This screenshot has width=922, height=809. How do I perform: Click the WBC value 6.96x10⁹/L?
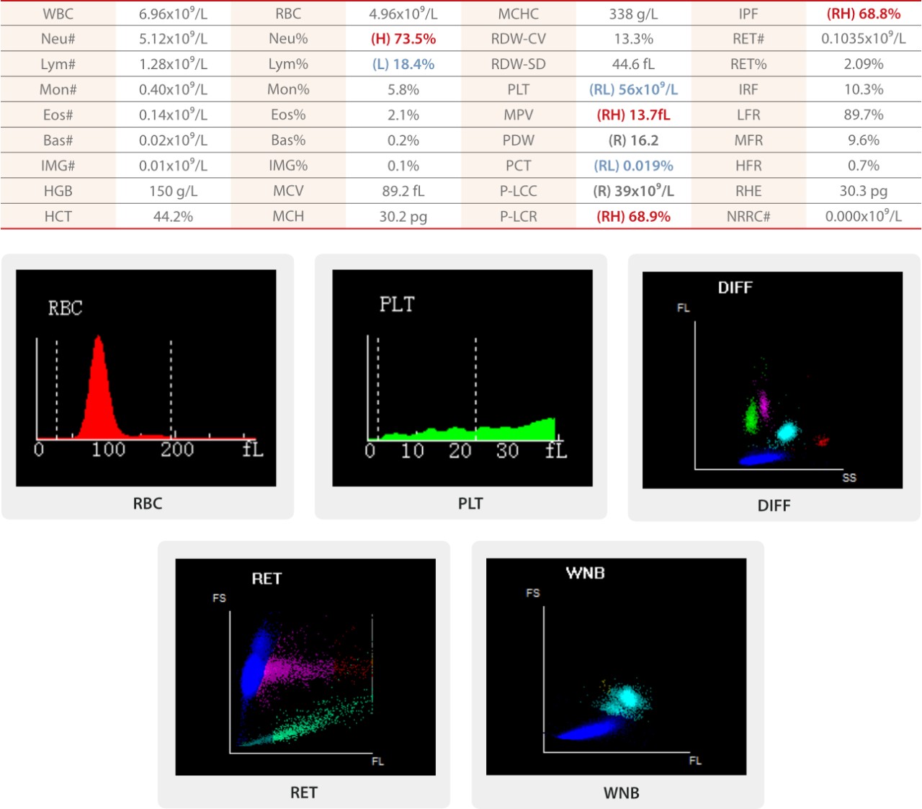click(x=173, y=14)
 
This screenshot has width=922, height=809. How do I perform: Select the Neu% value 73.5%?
click(x=403, y=39)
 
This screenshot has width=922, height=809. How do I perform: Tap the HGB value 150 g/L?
click(x=173, y=191)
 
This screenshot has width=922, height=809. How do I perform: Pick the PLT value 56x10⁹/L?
click(x=633, y=89)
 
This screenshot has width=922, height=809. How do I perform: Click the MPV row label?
click(x=518, y=115)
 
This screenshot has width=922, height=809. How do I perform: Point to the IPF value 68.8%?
click(x=863, y=14)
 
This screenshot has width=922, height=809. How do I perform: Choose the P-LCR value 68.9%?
click(x=633, y=216)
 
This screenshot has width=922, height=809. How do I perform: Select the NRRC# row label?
click(x=748, y=216)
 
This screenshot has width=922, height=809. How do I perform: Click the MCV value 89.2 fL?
click(x=403, y=191)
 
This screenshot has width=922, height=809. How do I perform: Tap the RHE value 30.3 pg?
click(x=863, y=191)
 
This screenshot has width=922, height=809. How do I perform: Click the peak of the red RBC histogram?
click(x=99, y=339)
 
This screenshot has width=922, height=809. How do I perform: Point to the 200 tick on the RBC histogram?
click(x=176, y=450)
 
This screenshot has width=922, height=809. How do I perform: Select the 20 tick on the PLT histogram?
click(x=460, y=451)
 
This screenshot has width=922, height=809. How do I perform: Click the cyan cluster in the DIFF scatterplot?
click(x=787, y=432)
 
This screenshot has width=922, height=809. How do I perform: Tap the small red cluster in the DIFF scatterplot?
click(x=822, y=441)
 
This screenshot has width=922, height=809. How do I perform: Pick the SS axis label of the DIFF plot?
click(x=849, y=478)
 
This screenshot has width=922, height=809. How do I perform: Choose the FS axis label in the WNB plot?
click(x=533, y=593)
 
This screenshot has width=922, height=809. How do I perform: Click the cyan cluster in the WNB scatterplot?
click(x=627, y=698)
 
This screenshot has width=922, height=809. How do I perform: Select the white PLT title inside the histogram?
click(x=397, y=305)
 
